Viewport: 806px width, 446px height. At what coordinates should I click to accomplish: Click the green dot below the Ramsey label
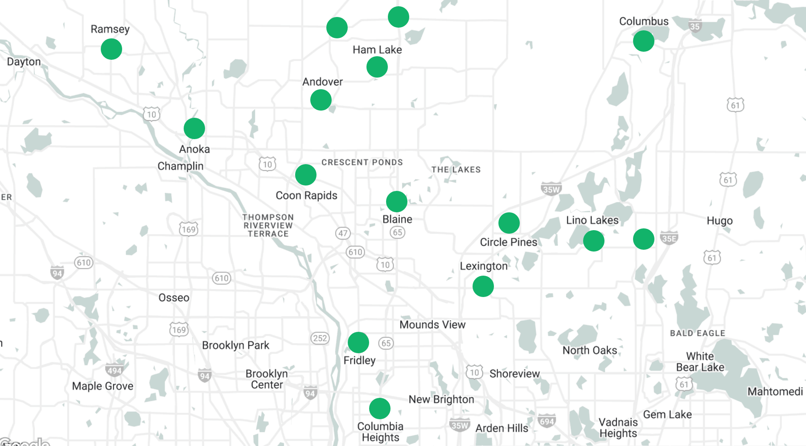pos(111,49)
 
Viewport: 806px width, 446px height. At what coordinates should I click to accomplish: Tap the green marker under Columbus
pos(643,41)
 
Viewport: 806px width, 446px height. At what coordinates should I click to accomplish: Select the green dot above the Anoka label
pos(194,128)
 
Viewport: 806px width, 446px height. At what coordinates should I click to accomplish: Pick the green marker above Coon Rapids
pos(306,175)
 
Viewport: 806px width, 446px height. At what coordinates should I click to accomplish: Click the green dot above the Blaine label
pos(397,202)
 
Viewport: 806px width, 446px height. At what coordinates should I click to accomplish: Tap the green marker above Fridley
pos(358,343)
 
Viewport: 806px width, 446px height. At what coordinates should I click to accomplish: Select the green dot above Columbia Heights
pos(380,409)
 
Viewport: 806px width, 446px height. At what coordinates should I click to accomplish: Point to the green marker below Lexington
pos(483,286)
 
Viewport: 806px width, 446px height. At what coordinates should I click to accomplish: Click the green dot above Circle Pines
pos(509,223)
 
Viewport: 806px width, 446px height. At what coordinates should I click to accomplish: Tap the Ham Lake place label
pos(377,50)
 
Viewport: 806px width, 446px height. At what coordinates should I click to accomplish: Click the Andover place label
pos(322,82)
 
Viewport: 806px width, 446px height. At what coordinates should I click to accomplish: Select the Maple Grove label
pos(103,386)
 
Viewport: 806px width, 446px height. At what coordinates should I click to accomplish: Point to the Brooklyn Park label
pos(235,345)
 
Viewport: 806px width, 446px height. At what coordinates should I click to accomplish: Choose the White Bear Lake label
pos(700,362)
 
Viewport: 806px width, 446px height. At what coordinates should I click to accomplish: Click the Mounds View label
pos(432,325)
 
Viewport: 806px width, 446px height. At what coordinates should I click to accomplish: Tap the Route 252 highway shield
pos(320,338)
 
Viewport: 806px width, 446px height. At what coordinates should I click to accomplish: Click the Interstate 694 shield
pos(547,421)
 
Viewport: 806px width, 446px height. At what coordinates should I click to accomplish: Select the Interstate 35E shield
pos(669,238)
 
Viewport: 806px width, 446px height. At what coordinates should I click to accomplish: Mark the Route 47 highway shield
pos(343,233)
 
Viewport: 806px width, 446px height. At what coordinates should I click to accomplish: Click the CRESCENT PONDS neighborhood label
pos(362,162)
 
